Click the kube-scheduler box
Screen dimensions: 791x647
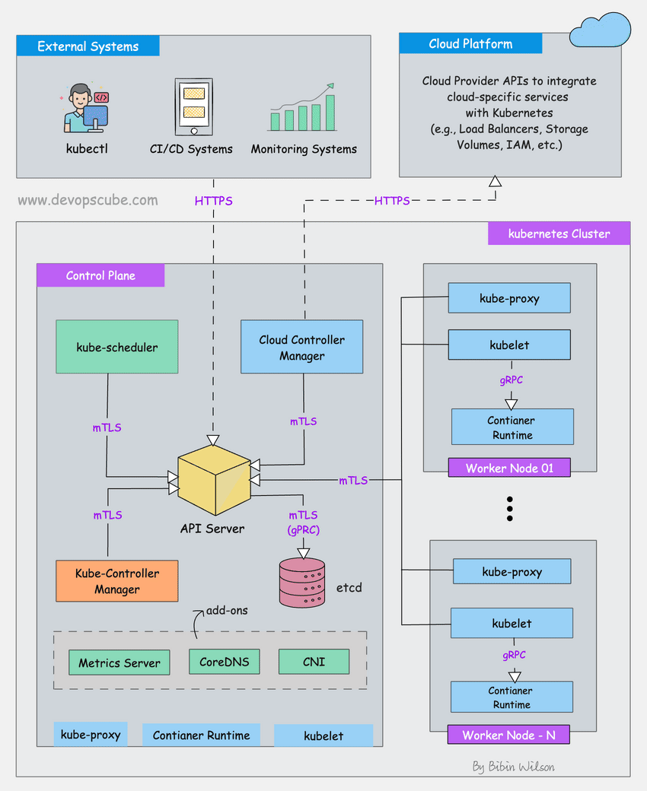[x=116, y=347]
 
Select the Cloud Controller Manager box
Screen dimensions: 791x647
[x=301, y=347]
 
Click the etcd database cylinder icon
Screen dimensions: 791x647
[x=301, y=583]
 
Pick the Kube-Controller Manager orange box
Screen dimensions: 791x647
[x=116, y=581]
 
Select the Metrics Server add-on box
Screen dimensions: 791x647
[x=120, y=662]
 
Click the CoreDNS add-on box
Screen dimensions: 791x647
[x=224, y=661]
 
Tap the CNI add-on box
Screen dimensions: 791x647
[x=314, y=661]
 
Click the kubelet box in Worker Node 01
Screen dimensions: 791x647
[x=509, y=345]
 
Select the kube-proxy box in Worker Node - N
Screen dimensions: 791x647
[x=512, y=571]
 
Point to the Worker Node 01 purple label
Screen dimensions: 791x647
[x=509, y=468]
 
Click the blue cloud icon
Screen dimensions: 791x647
[x=601, y=30]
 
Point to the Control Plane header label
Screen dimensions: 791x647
[x=100, y=275]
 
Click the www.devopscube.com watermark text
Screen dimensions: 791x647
[x=88, y=201]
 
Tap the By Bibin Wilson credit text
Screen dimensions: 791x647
[x=513, y=766]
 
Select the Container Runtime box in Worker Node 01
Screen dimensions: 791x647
[x=512, y=427]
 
